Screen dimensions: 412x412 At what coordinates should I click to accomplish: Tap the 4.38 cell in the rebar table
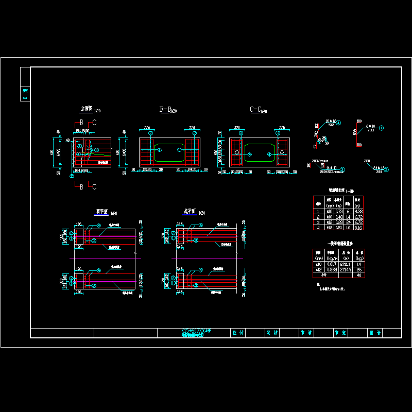[358, 211]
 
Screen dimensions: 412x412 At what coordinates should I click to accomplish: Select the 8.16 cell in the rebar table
[358, 227]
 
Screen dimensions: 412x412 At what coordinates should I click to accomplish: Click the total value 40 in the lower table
[358, 274]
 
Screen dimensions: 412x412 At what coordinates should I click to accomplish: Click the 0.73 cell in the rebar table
[339, 211]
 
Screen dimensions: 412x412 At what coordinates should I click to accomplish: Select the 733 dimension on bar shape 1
[370, 130]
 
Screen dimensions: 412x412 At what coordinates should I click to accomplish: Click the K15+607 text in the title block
[196, 331]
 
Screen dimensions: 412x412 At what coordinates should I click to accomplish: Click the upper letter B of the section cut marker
[81, 123]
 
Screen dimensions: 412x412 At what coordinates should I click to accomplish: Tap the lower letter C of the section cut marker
[94, 187]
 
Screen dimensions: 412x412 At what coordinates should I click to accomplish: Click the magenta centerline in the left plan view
[103, 257]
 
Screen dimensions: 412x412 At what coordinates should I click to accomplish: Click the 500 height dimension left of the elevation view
[52, 152]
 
